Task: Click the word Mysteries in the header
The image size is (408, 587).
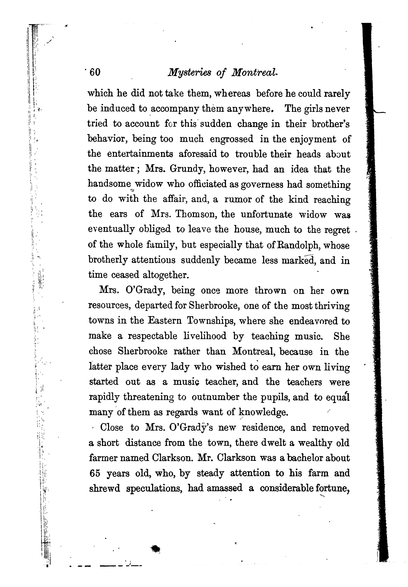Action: tap(189, 73)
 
